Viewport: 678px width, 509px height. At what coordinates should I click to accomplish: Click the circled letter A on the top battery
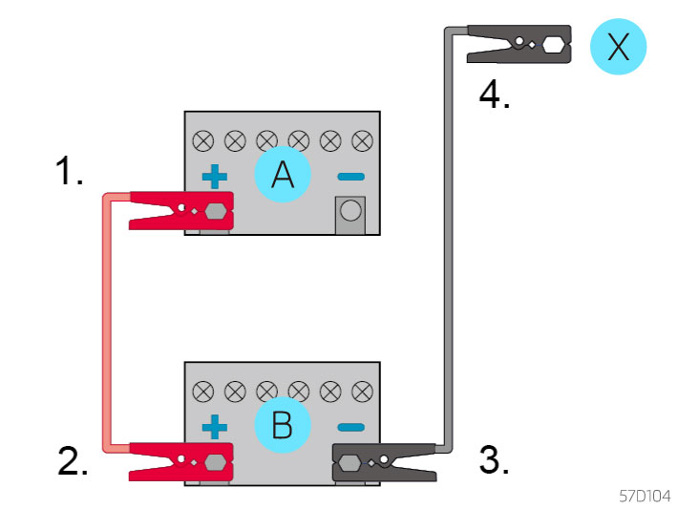(282, 176)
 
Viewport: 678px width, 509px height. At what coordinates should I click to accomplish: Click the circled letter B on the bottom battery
(282, 425)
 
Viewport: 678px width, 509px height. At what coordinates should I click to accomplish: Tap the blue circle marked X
(619, 47)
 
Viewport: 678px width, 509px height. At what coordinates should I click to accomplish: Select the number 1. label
(69, 172)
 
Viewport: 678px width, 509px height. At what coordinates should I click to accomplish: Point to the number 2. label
(73, 460)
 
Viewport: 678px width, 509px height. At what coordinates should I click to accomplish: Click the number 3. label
(494, 460)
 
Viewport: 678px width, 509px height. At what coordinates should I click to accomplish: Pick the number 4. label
(494, 95)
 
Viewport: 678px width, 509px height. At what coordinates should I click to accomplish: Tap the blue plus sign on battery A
(216, 177)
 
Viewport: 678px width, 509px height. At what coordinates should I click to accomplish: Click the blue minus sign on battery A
(350, 177)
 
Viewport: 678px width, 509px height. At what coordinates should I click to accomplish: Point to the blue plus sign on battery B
(216, 426)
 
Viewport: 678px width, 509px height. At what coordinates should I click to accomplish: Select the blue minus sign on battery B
(350, 426)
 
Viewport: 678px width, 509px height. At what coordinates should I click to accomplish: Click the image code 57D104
(645, 497)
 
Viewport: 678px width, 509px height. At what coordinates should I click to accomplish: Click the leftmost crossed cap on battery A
(202, 141)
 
